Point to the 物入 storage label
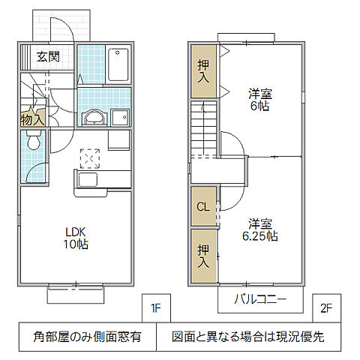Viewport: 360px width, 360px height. click(32, 118)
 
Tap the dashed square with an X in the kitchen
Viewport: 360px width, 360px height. click(90, 157)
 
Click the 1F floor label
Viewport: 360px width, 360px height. click(155, 307)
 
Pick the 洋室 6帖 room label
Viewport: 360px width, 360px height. click(260, 100)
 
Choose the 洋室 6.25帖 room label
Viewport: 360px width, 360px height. click(260, 228)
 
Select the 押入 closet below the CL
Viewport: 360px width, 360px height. click(202, 256)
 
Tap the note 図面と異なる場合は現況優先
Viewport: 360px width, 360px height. click(247, 337)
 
